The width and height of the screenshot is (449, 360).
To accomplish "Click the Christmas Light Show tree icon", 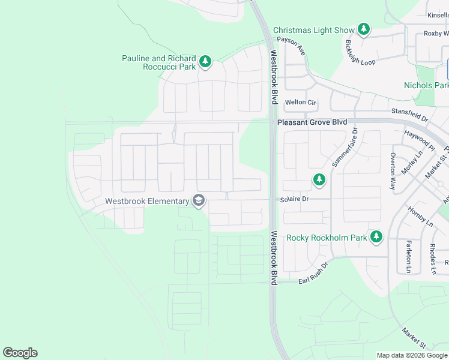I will [363, 29].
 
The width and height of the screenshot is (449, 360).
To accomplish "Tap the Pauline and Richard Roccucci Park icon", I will [205, 62].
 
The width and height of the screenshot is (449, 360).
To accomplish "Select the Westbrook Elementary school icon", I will [199, 202].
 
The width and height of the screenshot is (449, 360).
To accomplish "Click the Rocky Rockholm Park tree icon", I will [376, 237].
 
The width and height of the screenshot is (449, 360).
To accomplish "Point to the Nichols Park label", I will [426, 86].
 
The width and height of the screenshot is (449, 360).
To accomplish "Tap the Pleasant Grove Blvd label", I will [312, 122].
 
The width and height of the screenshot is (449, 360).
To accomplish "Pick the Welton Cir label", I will [300, 103].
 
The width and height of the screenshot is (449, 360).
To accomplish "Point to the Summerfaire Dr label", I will [344, 148].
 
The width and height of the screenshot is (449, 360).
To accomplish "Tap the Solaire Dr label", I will [294, 199].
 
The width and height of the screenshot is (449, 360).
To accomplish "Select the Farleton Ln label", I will [409, 256].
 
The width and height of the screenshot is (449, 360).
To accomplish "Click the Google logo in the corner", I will [20, 353].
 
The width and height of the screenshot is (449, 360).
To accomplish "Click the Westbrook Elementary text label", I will [147, 202].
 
